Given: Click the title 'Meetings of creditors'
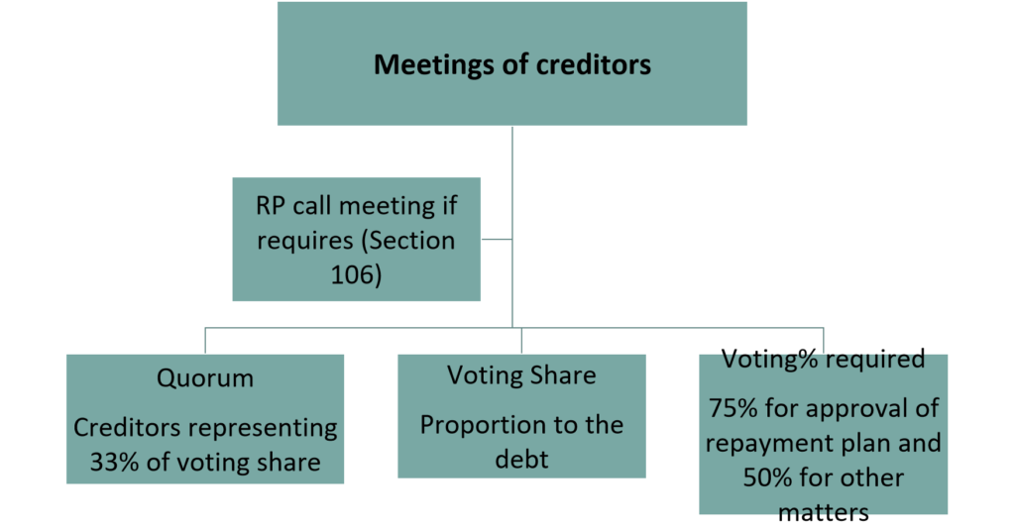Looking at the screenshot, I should pos(511,65).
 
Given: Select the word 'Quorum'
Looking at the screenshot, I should pos(205,378).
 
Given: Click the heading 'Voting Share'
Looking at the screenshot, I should pos(521,375).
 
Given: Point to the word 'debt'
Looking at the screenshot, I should pos(521,460).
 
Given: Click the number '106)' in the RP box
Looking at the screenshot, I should pos(356,274).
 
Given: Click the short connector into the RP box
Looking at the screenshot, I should pos(497,239).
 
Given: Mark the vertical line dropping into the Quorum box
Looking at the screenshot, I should pos(205,340).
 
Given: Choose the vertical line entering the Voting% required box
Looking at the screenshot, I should pos(823,340).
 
